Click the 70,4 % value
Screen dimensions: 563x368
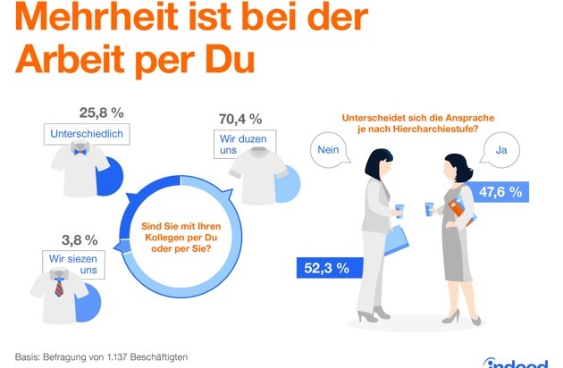pyautogui.click(x=240, y=119)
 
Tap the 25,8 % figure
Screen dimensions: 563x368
pyautogui.click(x=102, y=113)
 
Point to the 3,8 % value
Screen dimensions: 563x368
pyautogui.click(x=80, y=240)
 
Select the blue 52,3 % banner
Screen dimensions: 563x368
pyautogui.click(x=330, y=268)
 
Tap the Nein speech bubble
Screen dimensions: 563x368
pyautogui.click(x=329, y=150)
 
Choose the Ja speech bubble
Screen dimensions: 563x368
pyautogui.click(x=501, y=150)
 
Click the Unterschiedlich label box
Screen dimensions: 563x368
pyautogui.click(x=87, y=134)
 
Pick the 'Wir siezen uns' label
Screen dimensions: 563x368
pyautogui.click(x=73, y=264)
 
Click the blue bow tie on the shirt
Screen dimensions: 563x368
pyautogui.click(x=80, y=152)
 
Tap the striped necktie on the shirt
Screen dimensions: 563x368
pyautogui.click(x=59, y=287)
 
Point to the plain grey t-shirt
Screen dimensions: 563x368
pyautogui.click(x=257, y=176)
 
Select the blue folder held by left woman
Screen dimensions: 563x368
pyautogui.click(x=397, y=240)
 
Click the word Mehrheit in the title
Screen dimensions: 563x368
pyautogui.click(x=97, y=17)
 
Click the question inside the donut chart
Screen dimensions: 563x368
pyautogui.click(x=181, y=238)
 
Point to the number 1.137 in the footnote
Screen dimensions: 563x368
pyautogui.click(x=117, y=357)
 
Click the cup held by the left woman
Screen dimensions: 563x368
pyautogui.click(x=399, y=211)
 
